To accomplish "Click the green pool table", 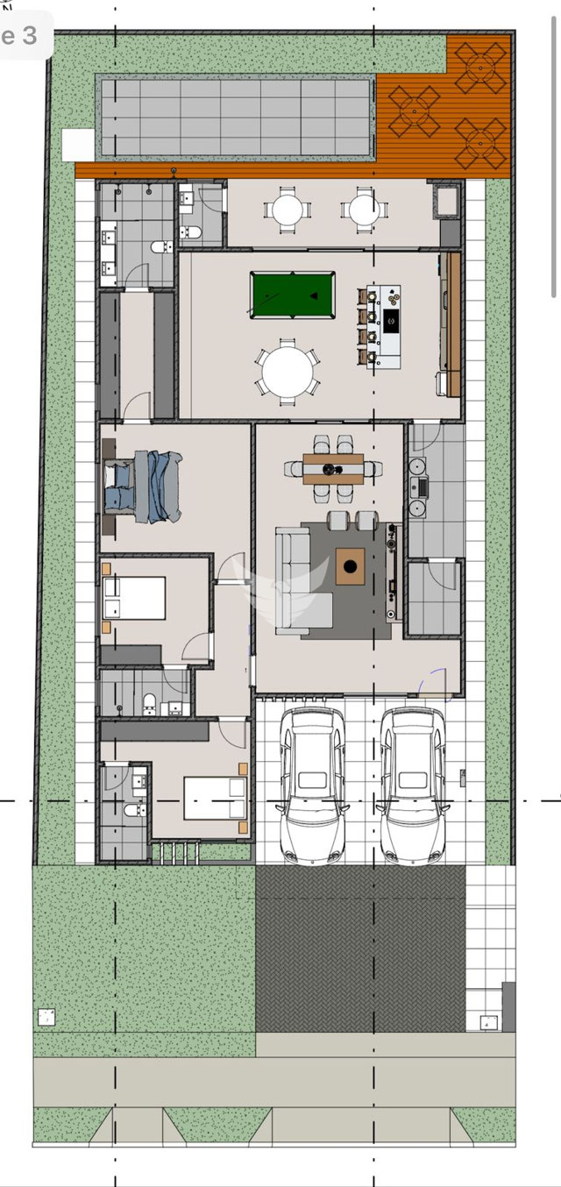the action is [x=293, y=295].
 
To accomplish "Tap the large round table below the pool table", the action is [x=288, y=372].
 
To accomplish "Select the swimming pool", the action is [x=236, y=117].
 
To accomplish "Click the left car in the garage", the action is [x=313, y=786].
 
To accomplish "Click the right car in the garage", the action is [x=413, y=786].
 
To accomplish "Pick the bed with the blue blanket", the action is [x=144, y=487].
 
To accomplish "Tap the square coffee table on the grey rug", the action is [x=350, y=566].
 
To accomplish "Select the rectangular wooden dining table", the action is [x=333, y=469].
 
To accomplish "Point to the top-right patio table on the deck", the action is [x=480, y=68].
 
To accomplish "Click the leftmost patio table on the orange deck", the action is [x=415, y=111].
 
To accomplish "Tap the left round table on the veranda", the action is [x=288, y=210].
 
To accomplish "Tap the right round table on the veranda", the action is [x=364, y=210].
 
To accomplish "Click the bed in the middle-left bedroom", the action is [x=135, y=598].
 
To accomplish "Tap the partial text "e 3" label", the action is [x=19, y=36].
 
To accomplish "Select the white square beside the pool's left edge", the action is [x=78, y=145].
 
